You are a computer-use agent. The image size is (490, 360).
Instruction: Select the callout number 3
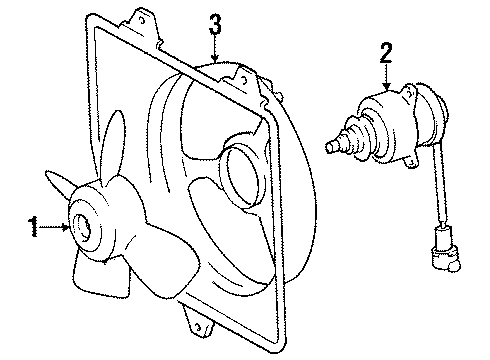[214, 24]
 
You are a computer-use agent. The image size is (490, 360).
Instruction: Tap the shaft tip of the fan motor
[331, 147]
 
